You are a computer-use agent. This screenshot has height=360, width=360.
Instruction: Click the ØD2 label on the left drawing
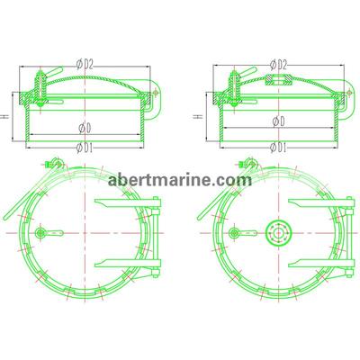coord(85,64)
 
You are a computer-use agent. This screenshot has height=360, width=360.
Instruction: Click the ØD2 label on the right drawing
coord(278,64)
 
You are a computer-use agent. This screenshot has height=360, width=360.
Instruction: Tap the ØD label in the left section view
coord(85,129)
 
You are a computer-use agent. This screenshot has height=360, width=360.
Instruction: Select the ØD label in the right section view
coord(278,121)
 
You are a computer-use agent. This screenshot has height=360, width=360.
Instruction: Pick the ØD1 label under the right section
coord(278,147)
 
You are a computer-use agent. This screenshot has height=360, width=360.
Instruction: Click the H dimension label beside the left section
coord(5,116)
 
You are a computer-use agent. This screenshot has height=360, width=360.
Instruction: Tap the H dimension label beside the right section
coord(196,116)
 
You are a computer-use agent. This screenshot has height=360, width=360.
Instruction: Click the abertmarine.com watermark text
coord(180,180)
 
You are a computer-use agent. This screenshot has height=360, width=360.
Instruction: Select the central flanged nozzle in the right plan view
coord(279,233)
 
